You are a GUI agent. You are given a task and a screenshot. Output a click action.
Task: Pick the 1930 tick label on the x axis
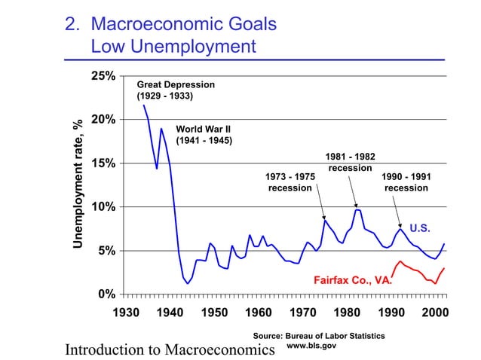[x=126, y=313]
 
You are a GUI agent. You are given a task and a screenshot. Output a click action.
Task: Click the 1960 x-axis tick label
[x=259, y=313]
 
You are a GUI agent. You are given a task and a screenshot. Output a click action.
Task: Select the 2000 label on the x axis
[x=436, y=313]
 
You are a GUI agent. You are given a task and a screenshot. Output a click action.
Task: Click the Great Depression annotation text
[x=175, y=90]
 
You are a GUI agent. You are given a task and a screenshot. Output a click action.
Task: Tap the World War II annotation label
[x=203, y=134]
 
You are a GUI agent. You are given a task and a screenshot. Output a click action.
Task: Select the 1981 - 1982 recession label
[x=350, y=162]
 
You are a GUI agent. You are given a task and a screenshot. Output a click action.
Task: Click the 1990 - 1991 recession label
[x=406, y=182]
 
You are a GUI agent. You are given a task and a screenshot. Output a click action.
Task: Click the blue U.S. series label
[x=421, y=227]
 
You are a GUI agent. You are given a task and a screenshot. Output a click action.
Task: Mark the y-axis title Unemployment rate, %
[x=77, y=184]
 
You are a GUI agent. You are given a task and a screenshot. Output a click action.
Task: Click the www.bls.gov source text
[x=311, y=346]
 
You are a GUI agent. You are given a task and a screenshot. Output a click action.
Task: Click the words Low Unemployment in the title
[x=173, y=47]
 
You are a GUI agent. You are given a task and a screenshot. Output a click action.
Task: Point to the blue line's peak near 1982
[x=357, y=209]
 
